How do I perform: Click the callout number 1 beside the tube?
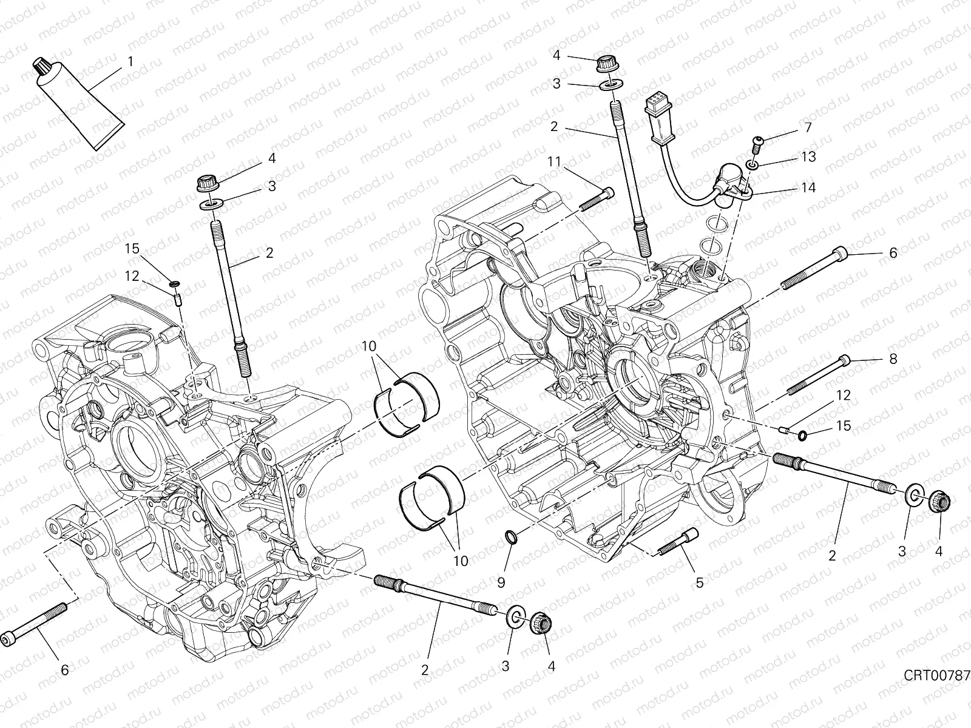(130, 62)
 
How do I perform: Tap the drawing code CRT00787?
(936, 675)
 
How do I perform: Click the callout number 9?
(501, 583)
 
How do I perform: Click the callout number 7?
(807, 127)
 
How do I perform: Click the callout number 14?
(808, 187)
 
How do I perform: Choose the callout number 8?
(893, 359)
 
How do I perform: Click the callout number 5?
(699, 583)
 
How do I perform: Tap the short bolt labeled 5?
(678, 542)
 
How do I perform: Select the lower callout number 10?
(461, 561)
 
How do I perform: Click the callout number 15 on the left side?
(133, 249)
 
